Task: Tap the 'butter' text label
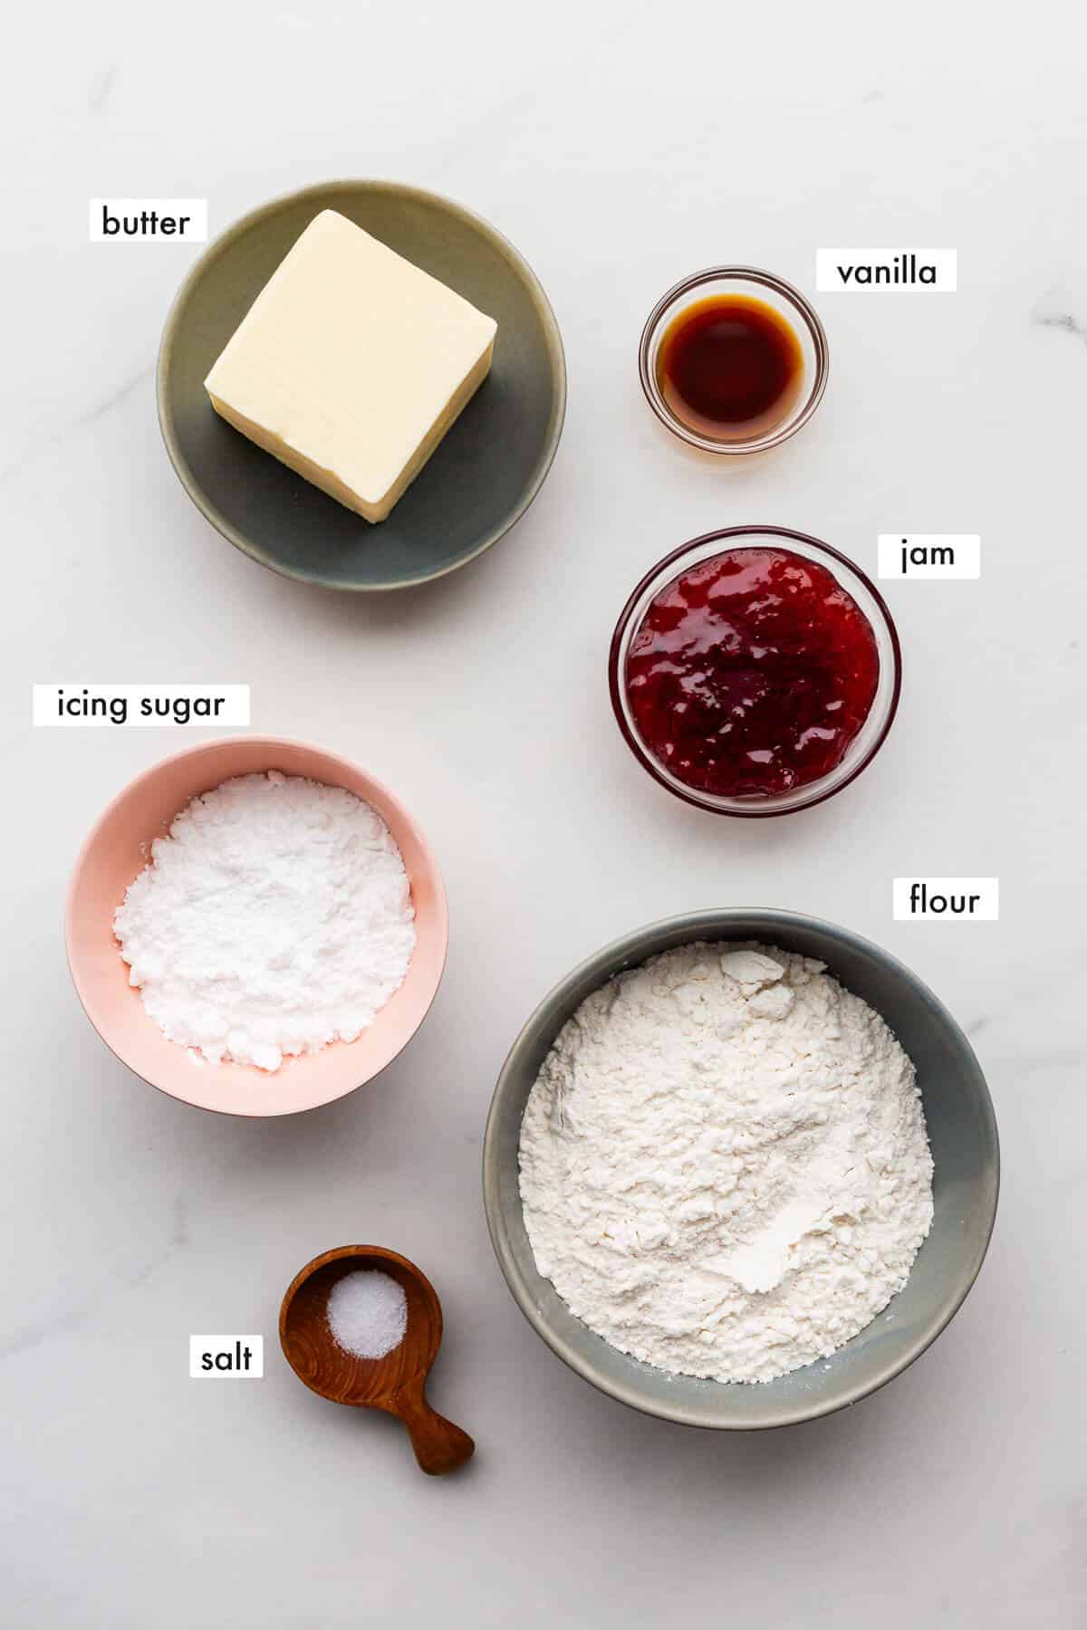[x=146, y=222]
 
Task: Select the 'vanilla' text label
[x=886, y=271]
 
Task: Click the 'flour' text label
[x=945, y=900]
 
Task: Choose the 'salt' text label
[x=226, y=1358]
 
